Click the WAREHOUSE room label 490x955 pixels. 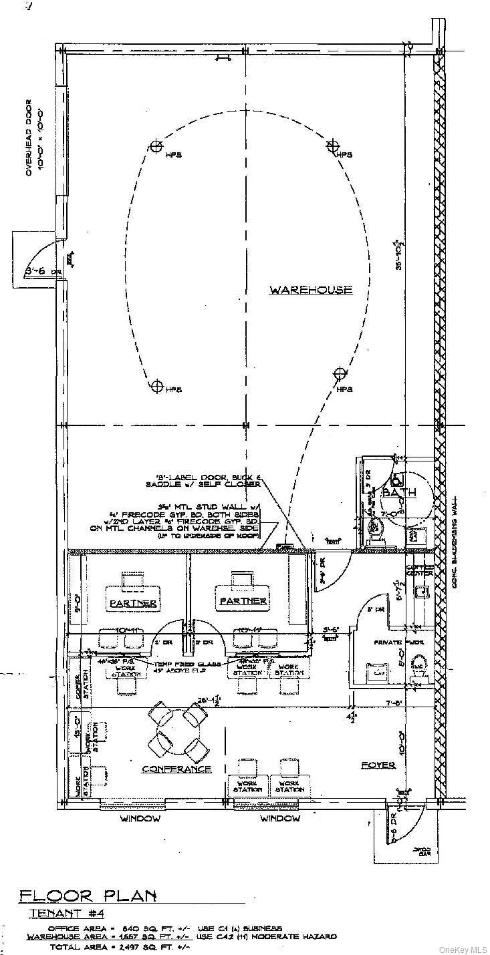[x=310, y=290]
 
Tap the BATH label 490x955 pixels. [x=399, y=492]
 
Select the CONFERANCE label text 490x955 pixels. [x=176, y=769]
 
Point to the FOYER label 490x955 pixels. [x=378, y=765]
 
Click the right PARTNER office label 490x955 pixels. [x=242, y=601]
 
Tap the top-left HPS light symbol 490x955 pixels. [x=156, y=146]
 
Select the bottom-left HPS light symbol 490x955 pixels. [x=156, y=385]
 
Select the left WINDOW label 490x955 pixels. [x=140, y=818]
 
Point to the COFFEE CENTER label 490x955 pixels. [x=420, y=570]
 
